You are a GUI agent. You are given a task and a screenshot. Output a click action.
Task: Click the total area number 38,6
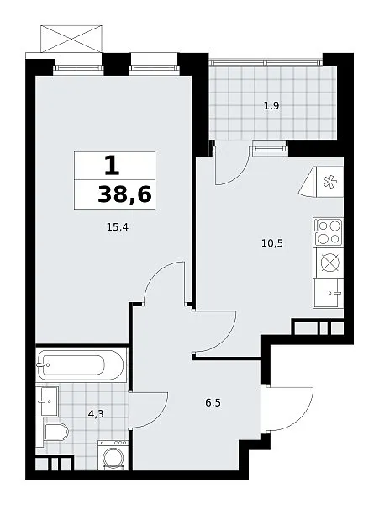[124, 194]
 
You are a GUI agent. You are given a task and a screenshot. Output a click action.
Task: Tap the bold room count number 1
[112, 165]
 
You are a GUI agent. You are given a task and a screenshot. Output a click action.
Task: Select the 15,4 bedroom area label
[118, 227]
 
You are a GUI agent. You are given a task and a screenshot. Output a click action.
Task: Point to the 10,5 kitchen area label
[272, 243]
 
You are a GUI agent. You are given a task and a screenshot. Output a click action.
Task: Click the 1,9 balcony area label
[271, 106]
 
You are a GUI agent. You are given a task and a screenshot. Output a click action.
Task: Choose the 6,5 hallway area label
[213, 402]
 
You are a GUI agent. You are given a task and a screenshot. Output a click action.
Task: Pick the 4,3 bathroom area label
[96, 413]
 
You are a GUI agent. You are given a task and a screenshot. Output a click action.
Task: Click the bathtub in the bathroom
[81, 365]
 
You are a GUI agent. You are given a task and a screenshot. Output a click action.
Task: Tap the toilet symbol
[55, 432]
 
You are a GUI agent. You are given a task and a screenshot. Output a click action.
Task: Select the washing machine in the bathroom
[113, 455]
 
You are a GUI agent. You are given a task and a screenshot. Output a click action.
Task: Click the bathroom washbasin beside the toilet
[47, 401]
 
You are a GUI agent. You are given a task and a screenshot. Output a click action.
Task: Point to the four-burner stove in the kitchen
[328, 231]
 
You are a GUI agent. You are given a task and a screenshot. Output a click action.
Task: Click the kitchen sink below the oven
[329, 293]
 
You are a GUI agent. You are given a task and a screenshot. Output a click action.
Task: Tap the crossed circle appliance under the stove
[329, 263]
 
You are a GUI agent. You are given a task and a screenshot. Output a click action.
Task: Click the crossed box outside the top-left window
[71, 39]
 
